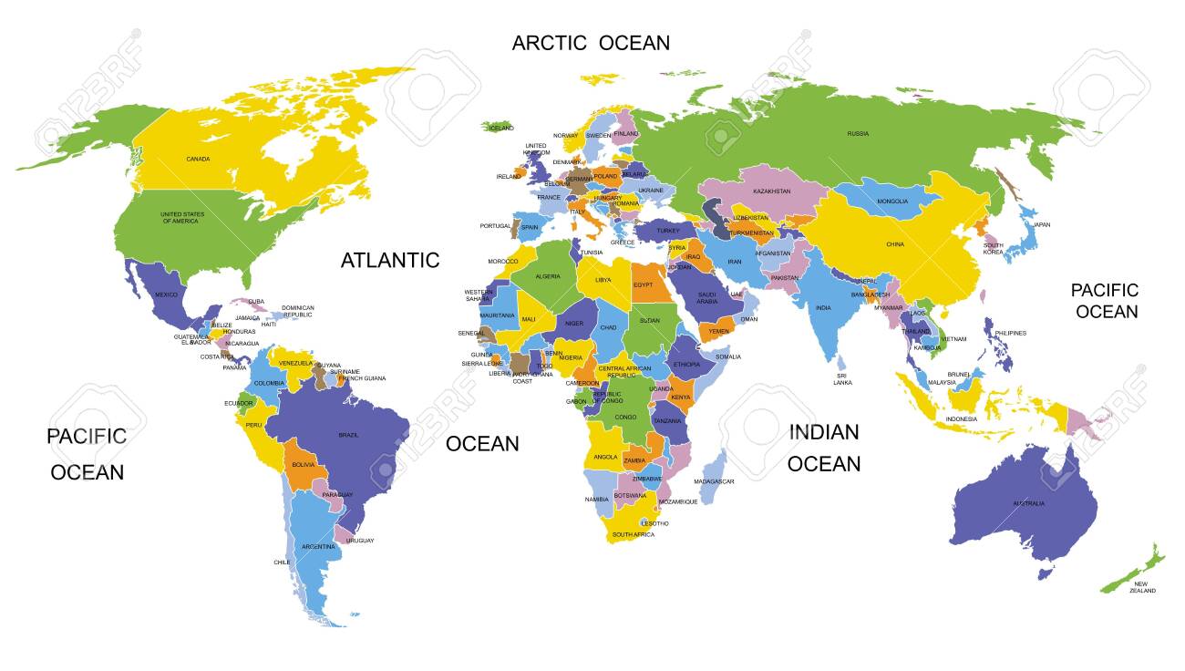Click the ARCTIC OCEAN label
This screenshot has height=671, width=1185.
(x=590, y=43)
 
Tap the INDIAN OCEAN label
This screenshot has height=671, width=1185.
(x=824, y=448)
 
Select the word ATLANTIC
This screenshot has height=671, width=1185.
(x=390, y=260)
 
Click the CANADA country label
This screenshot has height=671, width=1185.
(x=198, y=160)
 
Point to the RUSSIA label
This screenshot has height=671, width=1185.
(x=857, y=134)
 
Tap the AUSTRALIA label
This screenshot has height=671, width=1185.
(x=1028, y=503)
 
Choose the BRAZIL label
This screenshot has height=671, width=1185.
(x=348, y=435)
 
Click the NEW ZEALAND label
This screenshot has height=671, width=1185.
(x=1140, y=586)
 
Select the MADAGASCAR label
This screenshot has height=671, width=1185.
(x=714, y=481)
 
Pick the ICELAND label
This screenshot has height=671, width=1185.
(x=500, y=129)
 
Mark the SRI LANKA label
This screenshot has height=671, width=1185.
(x=842, y=379)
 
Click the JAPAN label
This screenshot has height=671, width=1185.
(x=1041, y=224)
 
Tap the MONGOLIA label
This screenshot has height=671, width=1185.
(x=892, y=201)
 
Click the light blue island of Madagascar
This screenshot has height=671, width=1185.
(x=716, y=466)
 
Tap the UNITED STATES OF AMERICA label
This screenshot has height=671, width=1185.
(x=182, y=218)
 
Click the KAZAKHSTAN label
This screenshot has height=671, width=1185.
(x=771, y=191)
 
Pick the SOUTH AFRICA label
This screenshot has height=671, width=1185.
(x=633, y=534)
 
